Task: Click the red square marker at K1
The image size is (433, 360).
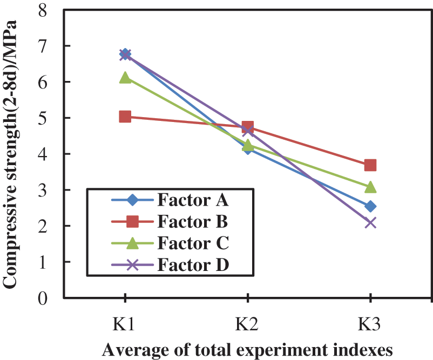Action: click(x=125, y=117)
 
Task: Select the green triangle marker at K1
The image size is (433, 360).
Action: click(x=125, y=78)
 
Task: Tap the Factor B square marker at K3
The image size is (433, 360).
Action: click(x=370, y=165)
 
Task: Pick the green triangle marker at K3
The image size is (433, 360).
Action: click(x=370, y=187)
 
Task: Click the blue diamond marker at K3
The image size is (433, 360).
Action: click(x=370, y=206)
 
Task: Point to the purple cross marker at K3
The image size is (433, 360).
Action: click(x=370, y=222)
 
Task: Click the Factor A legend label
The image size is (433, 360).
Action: click(x=193, y=201)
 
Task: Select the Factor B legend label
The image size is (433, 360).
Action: click(x=193, y=222)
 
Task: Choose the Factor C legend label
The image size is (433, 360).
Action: click(x=193, y=243)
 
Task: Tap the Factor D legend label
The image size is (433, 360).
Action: click(x=193, y=265)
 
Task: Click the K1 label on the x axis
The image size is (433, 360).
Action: click(x=125, y=324)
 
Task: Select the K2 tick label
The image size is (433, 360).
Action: click(x=247, y=324)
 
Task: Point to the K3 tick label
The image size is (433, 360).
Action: click(x=370, y=324)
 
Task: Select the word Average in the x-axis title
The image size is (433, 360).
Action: click(x=128, y=350)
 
